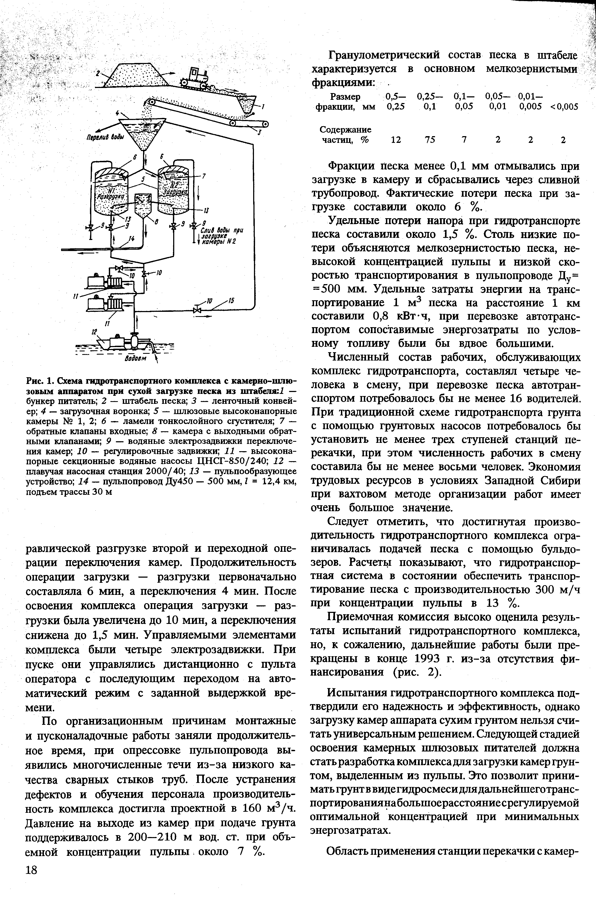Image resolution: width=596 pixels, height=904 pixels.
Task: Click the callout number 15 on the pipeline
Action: [x=231, y=301]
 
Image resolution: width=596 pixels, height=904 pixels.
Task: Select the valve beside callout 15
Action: [x=197, y=310]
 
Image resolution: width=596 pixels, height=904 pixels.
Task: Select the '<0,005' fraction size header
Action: [x=564, y=107]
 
